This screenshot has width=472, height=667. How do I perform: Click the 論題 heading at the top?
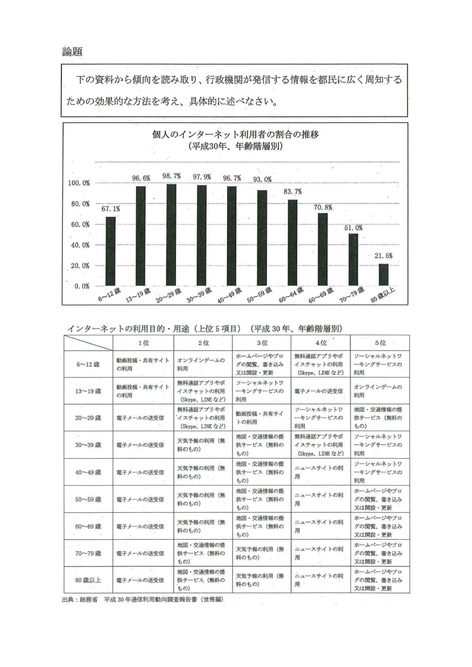click(x=72, y=52)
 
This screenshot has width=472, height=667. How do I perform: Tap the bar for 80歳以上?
click(x=383, y=275)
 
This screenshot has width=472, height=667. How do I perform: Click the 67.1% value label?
click(x=111, y=209)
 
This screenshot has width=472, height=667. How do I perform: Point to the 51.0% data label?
click(x=353, y=228)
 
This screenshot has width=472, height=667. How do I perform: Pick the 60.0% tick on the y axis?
click(x=80, y=225)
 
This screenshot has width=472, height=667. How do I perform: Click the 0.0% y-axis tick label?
click(x=82, y=286)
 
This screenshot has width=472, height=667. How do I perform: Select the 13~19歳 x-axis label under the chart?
click(x=138, y=295)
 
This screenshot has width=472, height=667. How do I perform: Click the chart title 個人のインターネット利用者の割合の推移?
click(x=235, y=134)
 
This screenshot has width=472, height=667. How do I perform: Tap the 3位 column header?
click(x=262, y=343)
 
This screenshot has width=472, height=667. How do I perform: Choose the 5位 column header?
click(x=380, y=343)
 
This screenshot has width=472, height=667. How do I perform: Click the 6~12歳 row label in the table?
click(x=88, y=364)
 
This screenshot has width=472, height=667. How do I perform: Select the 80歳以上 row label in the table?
click(x=88, y=580)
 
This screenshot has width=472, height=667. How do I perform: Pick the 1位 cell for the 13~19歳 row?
click(x=143, y=391)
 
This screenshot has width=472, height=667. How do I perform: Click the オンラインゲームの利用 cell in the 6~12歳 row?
click(x=202, y=364)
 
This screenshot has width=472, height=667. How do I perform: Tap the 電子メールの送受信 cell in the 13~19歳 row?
click(x=320, y=391)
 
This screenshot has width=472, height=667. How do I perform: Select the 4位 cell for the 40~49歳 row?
click(x=320, y=472)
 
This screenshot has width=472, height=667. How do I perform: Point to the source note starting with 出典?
click(x=143, y=600)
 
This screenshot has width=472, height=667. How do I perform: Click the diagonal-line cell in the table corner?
click(x=88, y=343)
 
